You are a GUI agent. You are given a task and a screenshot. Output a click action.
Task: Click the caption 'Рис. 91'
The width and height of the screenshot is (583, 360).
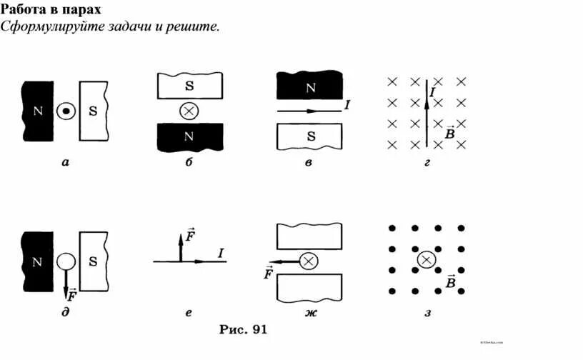[242, 329]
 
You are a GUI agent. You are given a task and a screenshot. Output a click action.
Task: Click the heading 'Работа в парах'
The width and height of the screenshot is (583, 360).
[50, 10]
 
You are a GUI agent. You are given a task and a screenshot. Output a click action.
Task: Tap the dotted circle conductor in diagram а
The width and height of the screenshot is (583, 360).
[66, 111]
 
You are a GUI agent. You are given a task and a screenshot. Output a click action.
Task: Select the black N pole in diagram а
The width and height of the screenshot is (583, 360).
[38, 111]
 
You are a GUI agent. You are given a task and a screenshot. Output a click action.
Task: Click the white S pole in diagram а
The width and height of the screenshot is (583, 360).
[93, 111]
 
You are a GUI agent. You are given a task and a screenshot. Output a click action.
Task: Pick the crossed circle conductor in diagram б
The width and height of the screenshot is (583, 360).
[189, 111]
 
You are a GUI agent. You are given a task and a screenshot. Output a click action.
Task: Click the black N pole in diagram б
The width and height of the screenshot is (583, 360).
[189, 136]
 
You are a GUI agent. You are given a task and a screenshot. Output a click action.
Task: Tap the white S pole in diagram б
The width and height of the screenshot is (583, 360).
[189, 86]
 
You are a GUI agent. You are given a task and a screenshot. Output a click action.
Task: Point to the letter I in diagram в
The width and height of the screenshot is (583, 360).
[347, 105]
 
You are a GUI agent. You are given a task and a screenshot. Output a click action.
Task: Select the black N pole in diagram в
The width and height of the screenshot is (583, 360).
[310, 87]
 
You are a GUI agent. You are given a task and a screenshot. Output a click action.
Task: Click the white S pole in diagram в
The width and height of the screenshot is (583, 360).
[310, 136]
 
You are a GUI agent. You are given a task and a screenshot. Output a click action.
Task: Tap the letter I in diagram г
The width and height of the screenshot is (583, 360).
[433, 92]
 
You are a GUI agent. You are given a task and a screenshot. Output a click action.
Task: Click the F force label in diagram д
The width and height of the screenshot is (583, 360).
[72, 293]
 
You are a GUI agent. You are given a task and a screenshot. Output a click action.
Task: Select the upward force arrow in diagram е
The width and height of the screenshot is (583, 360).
[181, 246]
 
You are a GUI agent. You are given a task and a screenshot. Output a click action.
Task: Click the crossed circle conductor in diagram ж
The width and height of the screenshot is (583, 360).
[309, 261]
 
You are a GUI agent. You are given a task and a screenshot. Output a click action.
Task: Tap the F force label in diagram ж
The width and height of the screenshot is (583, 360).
[269, 273]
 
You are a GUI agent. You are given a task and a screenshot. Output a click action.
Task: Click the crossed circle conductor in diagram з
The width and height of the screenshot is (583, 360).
[426, 260]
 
